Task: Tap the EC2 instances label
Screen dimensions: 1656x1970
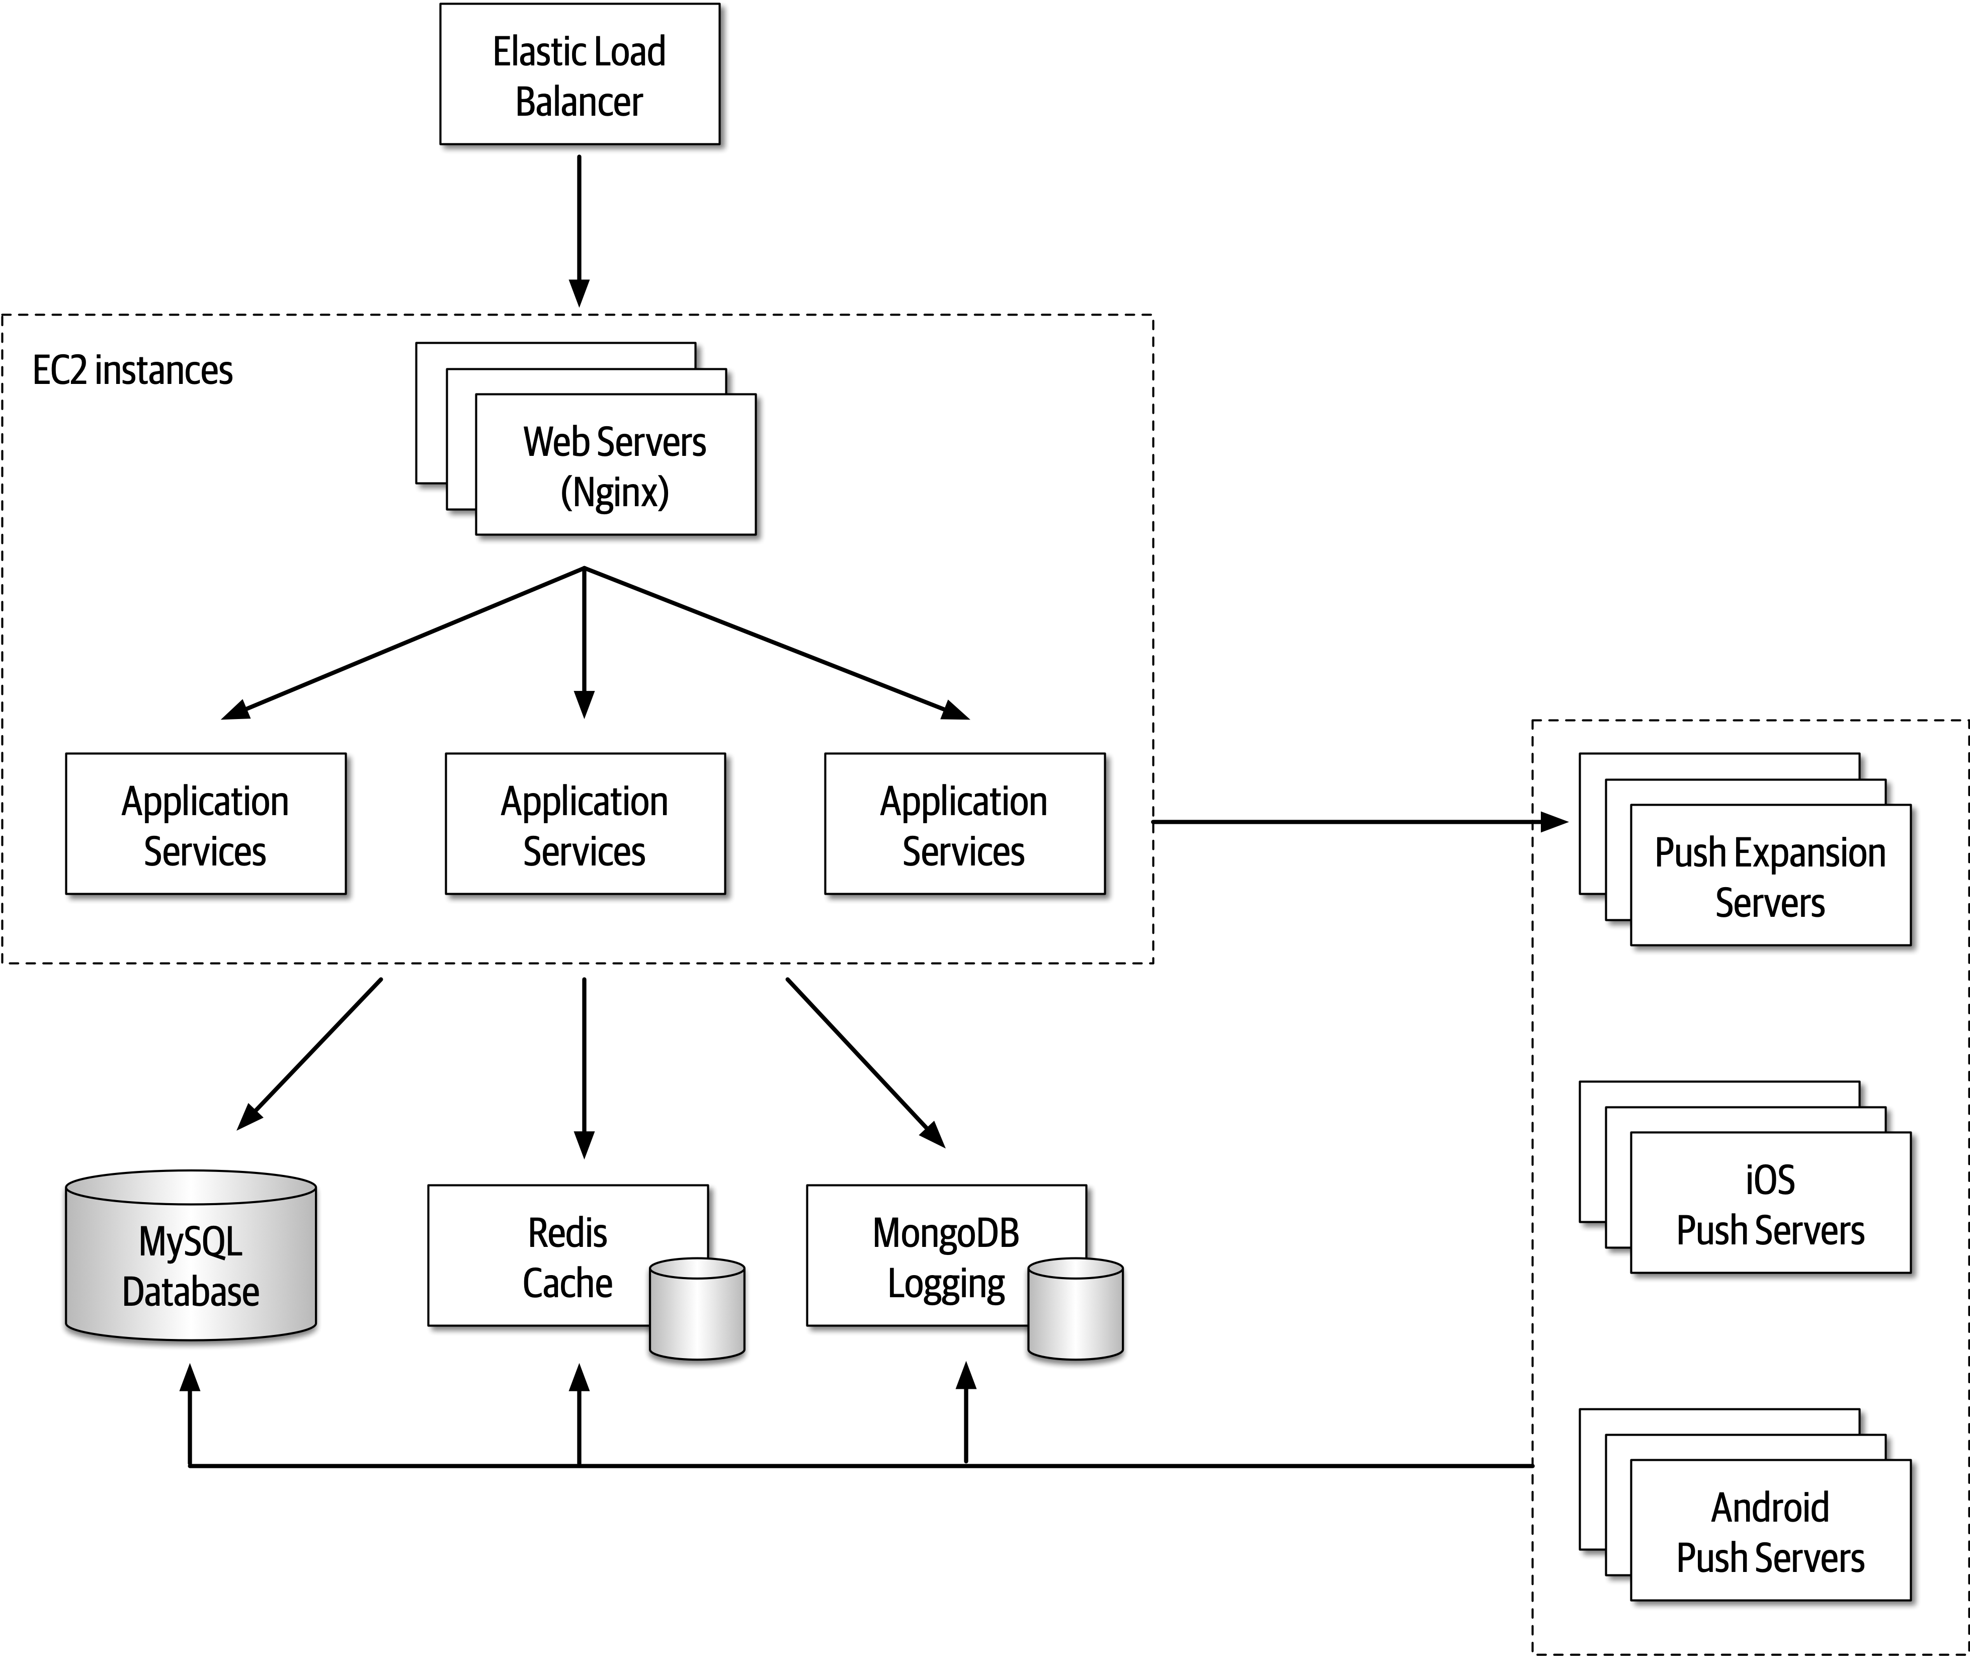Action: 132,371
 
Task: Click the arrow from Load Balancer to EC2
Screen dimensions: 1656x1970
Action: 579,225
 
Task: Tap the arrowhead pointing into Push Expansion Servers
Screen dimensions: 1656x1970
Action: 1554,822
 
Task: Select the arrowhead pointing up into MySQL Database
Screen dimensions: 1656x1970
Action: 191,1380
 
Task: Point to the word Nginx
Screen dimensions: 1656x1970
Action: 615,492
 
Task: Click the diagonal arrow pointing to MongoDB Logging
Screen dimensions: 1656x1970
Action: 863,1061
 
